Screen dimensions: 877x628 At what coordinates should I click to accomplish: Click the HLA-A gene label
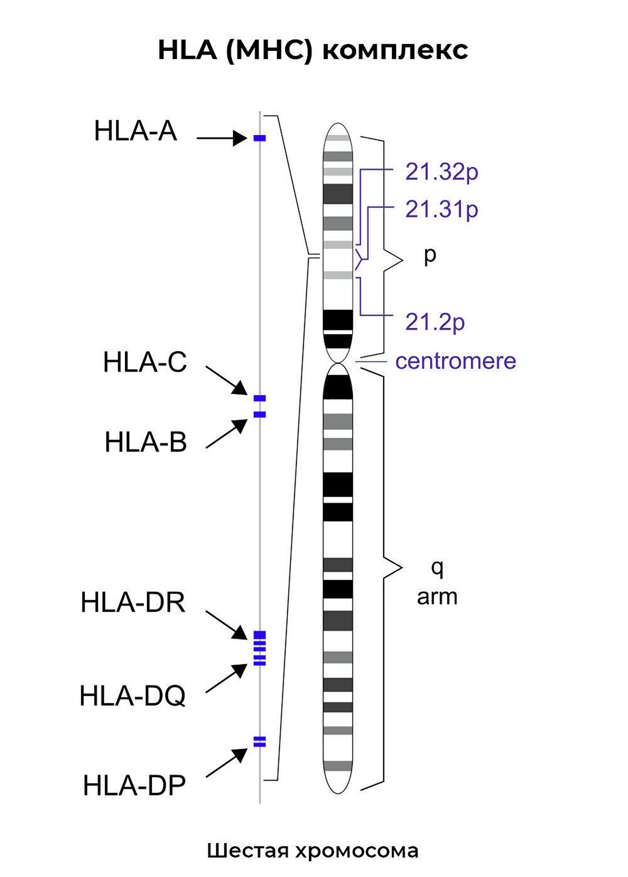point(135,131)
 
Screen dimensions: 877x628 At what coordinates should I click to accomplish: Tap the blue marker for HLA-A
point(259,138)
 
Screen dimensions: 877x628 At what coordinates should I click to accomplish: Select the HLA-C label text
point(145,362)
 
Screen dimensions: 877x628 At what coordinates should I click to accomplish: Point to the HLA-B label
point(146,442)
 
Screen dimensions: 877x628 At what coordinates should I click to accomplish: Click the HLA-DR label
point(133,602)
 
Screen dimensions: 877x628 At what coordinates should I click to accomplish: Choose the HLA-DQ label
point(132,696)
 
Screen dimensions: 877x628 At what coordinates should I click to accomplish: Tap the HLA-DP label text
point(134,785)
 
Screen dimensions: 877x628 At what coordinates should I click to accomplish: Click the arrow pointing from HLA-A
point(221,138)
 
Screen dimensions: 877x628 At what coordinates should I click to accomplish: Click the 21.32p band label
point(441,172)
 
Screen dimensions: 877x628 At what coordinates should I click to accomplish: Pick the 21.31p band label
point(441,209)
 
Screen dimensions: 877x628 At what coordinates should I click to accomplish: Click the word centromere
point(456,361)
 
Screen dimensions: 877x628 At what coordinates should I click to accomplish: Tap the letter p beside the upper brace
point(430,256)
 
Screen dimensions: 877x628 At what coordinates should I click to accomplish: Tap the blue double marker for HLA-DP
point(259,742)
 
